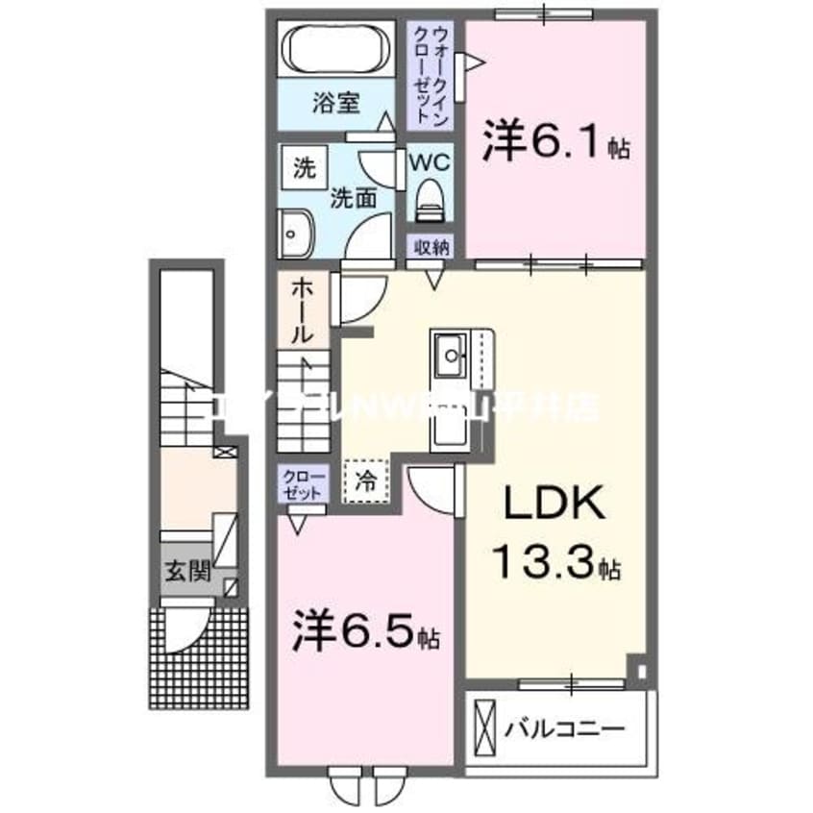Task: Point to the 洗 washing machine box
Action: pos(304,168)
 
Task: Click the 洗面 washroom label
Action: pos(353,198)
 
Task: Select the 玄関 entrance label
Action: pos(186,571)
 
